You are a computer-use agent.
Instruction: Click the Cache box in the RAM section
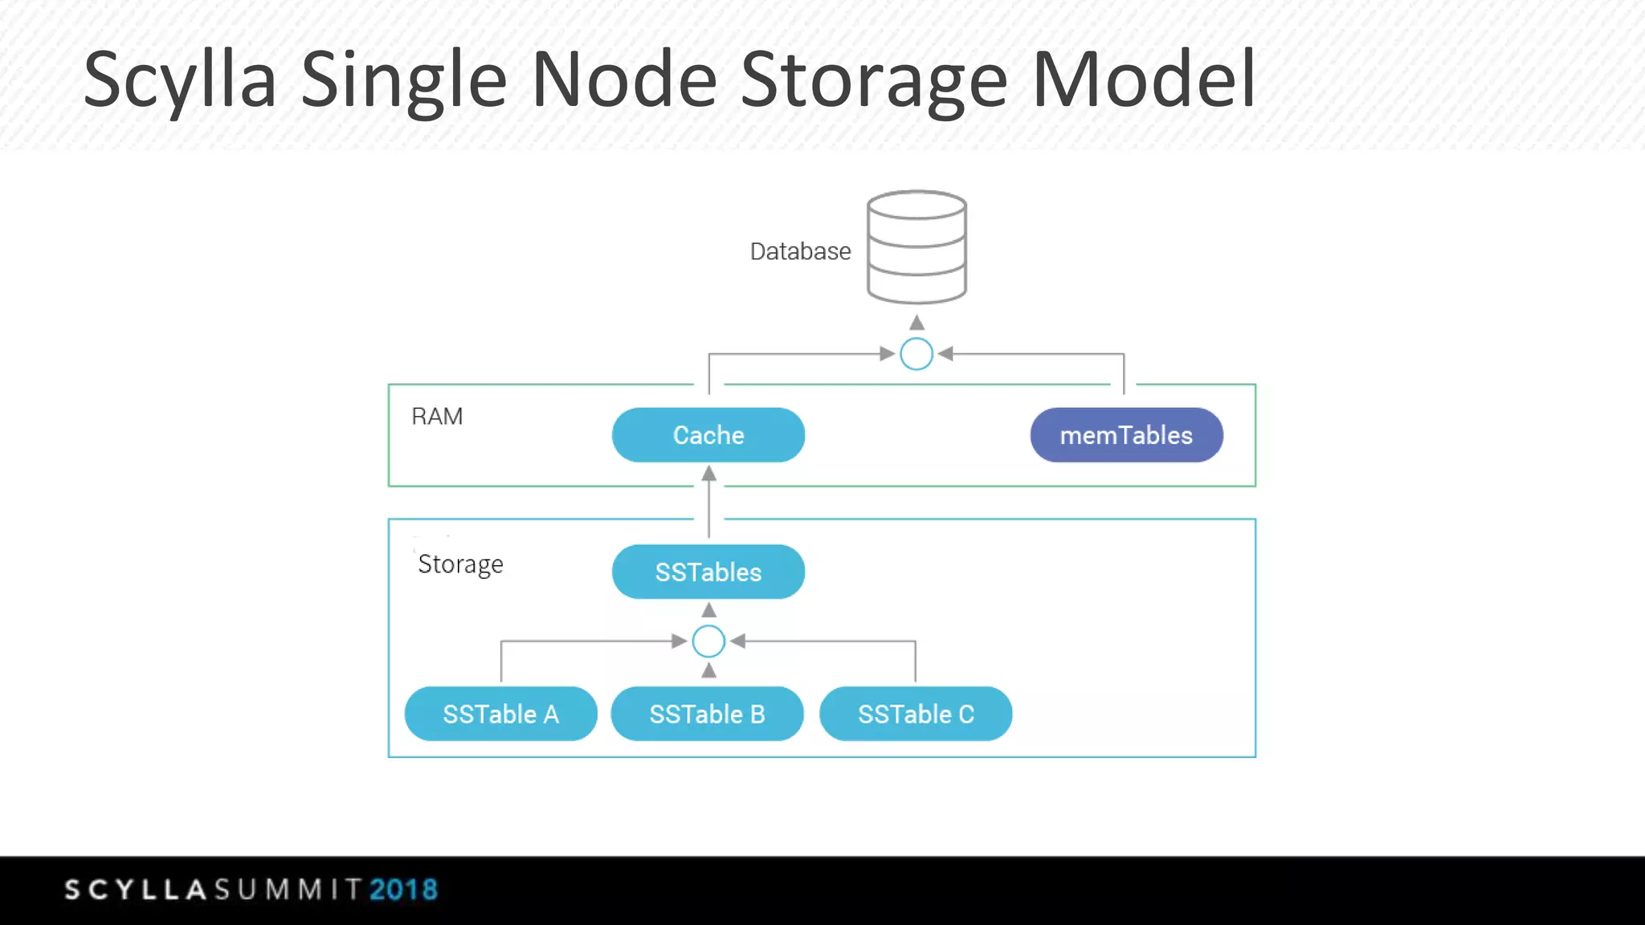[708, 434]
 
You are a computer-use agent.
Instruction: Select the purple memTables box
[1126, 434]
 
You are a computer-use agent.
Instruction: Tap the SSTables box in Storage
[708, 572]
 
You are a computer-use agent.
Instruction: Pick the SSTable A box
[500, 714]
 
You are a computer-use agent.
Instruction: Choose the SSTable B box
[707, 714]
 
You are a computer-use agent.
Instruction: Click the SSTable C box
[916, 714]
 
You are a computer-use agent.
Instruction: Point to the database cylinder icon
[916, 247]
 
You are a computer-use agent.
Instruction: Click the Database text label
[800, 251]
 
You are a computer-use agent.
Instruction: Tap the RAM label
[437, 416]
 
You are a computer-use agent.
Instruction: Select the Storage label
[460, 564]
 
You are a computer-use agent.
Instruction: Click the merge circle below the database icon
[916, 354]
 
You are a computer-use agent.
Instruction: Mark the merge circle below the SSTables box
[708, 641]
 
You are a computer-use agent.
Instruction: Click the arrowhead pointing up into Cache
[708, 474]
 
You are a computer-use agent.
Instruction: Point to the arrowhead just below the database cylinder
[916, 323]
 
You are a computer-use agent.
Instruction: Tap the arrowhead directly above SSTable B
[708, 670]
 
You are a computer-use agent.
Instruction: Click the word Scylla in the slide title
[180, 80]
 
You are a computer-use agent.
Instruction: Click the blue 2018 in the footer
[403, 890]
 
